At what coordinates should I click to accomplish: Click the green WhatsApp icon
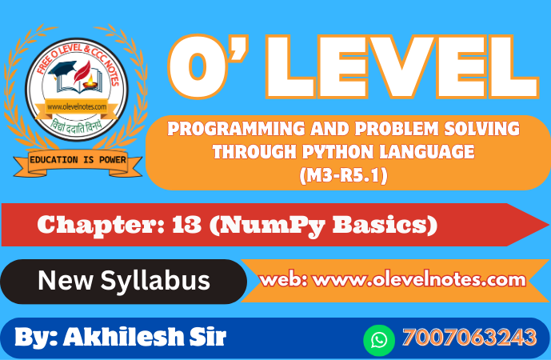point(379,340)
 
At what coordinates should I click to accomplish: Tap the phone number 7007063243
point(469,338)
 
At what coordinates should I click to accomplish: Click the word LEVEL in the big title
point(402,66)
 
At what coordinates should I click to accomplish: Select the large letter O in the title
point(198,66)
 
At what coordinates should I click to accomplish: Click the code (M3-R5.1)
point(344,175)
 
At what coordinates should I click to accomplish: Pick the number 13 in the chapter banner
point(186,224)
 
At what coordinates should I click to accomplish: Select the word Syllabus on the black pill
point(155,282)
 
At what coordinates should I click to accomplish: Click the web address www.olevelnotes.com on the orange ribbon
point(419,280)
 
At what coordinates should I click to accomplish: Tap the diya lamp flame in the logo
point(90,79)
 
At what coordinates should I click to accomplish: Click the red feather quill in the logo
point(82,72)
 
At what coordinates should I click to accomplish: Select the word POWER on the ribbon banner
point(113,160)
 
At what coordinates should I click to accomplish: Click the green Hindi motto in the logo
point(75,126)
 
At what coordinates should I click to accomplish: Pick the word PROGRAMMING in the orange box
point(236,129)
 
